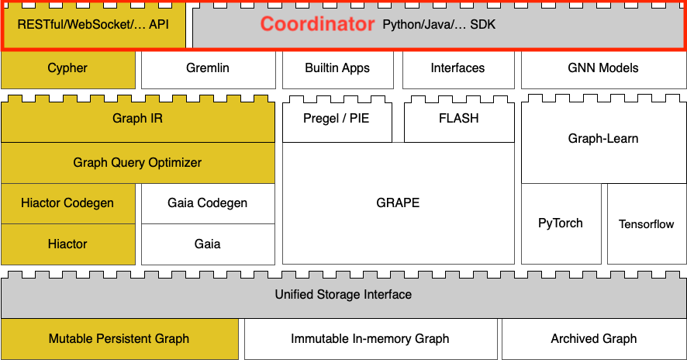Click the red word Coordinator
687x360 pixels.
[x=317, y=25]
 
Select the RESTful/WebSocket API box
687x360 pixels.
[x=93, y=25]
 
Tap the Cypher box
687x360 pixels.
[x=67, y=68]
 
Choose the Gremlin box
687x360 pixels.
[x=208, y=68]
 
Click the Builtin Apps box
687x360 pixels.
[x=337, y=68]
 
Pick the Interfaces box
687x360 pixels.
[x=457, y=68]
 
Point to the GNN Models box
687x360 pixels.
[x=603, y=68]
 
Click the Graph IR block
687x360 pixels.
[x=137, y=119]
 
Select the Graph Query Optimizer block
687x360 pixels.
[x=137, y=163]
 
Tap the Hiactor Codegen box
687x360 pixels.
[x=67, y=203]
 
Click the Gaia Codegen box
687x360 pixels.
[x=208, y=203]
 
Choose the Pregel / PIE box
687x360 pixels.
[x=337, y=119]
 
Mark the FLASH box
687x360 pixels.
[x=459, y=119]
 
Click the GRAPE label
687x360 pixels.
[x=398, y=203]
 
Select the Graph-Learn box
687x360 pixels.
[x=603, y=139]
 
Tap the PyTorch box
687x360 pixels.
[x=561, y=223]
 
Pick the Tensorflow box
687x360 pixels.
[x=647, y=223]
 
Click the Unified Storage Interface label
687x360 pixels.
[x=343, y=295]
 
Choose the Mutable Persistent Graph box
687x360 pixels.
[x=119, y=339]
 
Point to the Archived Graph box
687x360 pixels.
[x=594, y=339]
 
